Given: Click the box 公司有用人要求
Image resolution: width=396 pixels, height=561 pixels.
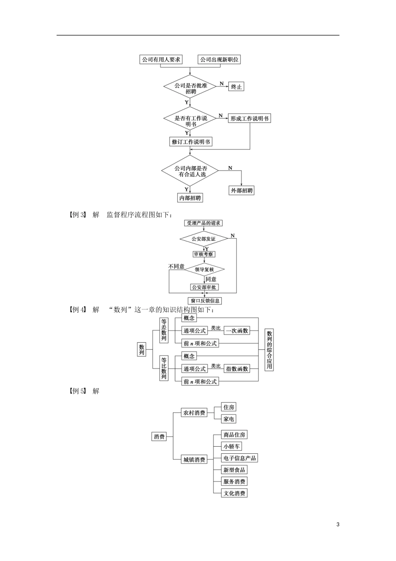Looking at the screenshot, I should tap(161, 60).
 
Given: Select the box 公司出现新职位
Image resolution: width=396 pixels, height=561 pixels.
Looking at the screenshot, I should tap(219, 60).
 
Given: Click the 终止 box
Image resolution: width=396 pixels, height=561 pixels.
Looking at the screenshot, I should tap(236, 87).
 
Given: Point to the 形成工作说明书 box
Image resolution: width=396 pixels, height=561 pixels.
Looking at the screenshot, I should tap(249, 119).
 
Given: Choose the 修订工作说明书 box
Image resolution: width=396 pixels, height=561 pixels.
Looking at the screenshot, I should tap(191, 142).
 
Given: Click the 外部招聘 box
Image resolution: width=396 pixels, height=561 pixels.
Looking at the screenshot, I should tap(242, 191).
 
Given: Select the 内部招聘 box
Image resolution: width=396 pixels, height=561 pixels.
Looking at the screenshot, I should tap(190, 198).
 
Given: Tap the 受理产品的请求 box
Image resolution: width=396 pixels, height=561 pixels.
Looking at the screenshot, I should tap(203, 223).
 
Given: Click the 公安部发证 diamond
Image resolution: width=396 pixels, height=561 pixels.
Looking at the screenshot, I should tap(203, 239).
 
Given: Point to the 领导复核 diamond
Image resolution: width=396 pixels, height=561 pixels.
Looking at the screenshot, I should tap(204, 270).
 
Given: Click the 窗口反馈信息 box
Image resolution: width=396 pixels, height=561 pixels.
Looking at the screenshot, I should tap(205, 301).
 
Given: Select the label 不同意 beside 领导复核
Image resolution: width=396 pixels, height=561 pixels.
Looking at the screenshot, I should tap(176, 266).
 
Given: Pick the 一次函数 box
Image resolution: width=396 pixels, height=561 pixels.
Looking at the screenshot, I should tap(237, 331).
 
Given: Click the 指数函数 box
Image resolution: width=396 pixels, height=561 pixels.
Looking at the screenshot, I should tap(237, 369).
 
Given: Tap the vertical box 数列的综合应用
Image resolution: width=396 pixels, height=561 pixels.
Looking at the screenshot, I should tap(269, 350).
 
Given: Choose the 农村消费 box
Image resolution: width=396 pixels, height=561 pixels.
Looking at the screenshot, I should tap(194, 413).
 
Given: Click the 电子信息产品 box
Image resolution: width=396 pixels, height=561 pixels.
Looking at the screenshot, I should tap(239, 458).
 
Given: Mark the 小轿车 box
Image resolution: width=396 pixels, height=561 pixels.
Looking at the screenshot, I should tap(231, 447).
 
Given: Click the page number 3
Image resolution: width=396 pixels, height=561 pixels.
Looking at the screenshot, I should tap(338, 524).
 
